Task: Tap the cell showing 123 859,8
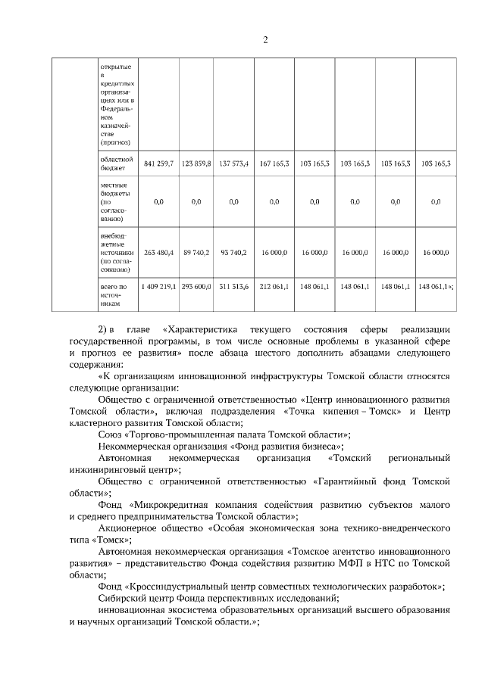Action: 196,163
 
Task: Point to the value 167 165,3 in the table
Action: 274,163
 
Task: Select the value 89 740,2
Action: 196,252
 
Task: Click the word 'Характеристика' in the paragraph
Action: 204,331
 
